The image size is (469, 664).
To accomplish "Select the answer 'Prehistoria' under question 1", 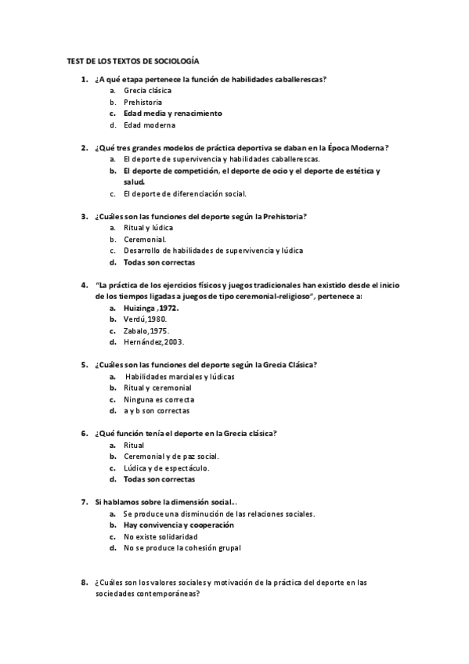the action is [x=143, y=102].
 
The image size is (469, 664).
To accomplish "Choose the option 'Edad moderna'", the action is [x=149, y=125].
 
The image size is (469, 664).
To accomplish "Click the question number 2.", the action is [x=84, y=147].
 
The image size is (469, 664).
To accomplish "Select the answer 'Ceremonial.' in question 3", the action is [x=144, y=239].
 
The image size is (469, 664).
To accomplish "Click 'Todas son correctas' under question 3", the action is [x=159, y=262].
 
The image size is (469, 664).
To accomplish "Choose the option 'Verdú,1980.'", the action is [x=145, y=319].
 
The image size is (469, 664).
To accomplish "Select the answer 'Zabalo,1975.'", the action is [x=146, y=330].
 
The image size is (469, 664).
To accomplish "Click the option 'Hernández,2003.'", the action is [x=153, y=342].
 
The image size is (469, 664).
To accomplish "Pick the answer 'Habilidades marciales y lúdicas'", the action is [x=180, y=376].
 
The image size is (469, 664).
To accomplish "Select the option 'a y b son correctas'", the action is [x=156, y=410].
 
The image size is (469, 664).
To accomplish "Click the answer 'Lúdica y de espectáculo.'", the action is [x=166, y=467].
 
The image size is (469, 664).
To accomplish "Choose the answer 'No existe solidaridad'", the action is [x=160, y=536].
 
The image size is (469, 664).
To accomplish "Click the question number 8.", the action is [x=84, y=583].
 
